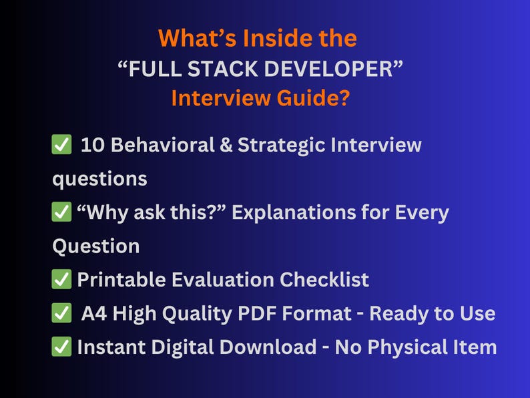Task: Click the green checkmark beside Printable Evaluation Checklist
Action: pos(61,280)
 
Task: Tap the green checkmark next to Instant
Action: pos(61,347)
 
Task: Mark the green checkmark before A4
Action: pos(61,313)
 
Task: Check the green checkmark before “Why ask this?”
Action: pos(61,213)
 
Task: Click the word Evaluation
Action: pos(217,280)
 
